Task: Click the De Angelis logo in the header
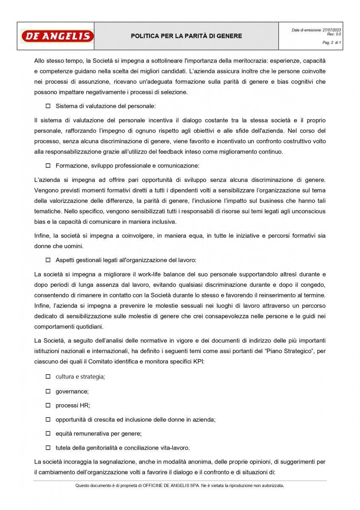[57, 36]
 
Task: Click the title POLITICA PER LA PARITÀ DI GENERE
[187, 36]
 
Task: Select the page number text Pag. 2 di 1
[332, 43]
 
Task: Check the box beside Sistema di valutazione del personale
[48, 105]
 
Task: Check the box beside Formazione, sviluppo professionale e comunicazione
[48, 165]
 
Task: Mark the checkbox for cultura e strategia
[48, 377]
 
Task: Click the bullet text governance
[72, 391]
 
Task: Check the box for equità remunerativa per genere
[48, 433]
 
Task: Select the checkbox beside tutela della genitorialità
[48, 448]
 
